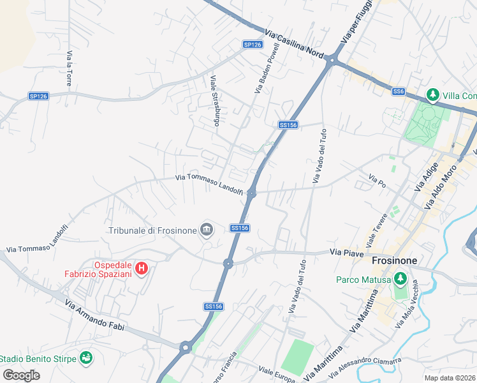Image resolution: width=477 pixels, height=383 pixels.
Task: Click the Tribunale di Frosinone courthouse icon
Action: tap(207, 229)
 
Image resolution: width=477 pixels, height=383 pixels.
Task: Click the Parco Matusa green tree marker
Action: tap(400, 279)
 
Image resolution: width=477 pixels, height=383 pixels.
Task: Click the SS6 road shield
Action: tap(399, 92)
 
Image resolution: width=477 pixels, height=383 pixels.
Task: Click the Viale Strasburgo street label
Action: tap(215, 101)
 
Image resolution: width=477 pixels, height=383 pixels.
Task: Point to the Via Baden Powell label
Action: tap(267, 68)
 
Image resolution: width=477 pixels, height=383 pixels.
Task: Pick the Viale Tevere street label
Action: tap(377, 230)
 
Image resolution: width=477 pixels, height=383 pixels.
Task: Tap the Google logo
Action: tap(21, 375)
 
